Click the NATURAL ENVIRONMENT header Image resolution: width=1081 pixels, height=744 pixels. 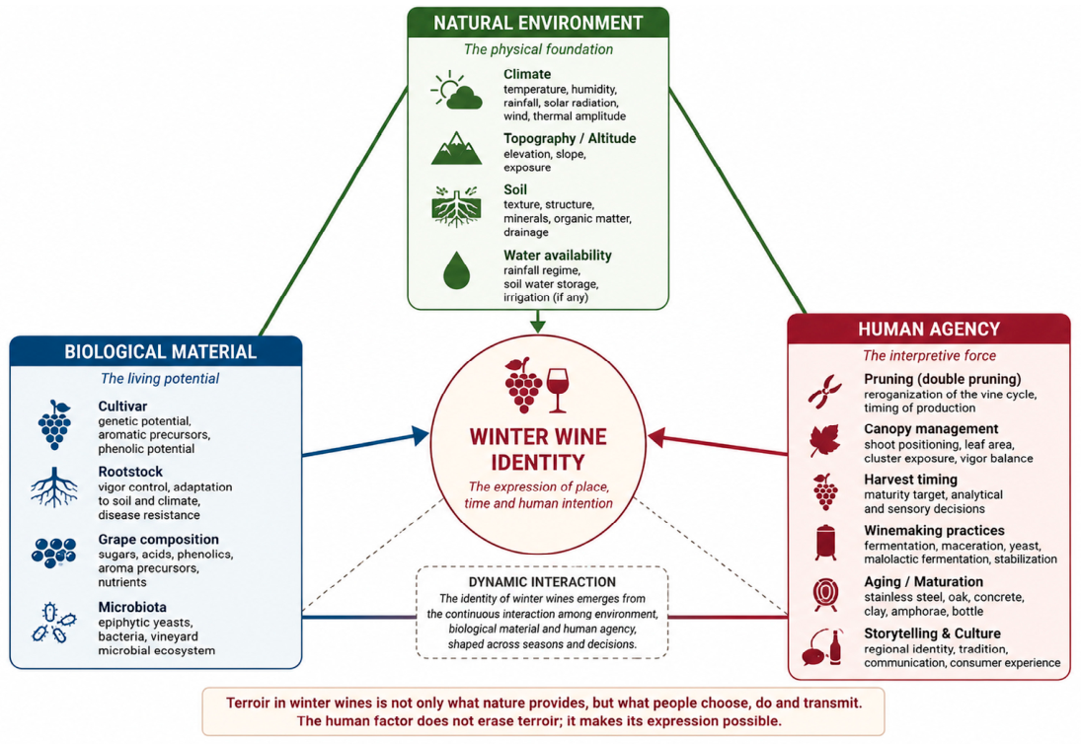[538, 23]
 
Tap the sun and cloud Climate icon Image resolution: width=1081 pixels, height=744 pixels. [456, 90]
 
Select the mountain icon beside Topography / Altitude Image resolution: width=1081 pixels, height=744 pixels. [456, 148]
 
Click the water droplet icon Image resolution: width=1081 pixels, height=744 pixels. [456, 270]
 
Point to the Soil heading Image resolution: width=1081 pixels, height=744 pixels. [515, 189]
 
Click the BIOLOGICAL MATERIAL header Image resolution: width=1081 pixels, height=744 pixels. [160, 352]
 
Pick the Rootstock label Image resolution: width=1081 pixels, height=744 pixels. [130, 472]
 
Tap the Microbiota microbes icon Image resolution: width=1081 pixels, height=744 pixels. [53, 623]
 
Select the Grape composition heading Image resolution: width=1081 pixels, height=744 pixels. [158, 540]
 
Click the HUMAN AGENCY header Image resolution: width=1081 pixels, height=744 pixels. [929, 330]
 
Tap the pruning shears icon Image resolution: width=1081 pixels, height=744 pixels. [824, 392]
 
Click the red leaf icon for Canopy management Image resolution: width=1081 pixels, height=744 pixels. [824, 440]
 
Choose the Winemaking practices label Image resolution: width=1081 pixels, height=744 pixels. [934, 531]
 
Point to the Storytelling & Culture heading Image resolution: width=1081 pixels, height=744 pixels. [932, 633]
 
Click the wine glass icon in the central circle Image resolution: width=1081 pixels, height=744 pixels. [557, 390]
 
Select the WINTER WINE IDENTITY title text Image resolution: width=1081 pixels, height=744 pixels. [538, 449]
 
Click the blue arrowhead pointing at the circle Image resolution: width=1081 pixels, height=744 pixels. [420, 435]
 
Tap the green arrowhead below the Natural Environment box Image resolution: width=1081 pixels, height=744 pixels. [538, 325]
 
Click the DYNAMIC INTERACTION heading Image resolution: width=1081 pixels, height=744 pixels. [542, 582]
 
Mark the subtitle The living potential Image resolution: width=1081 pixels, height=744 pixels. [160, 378]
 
